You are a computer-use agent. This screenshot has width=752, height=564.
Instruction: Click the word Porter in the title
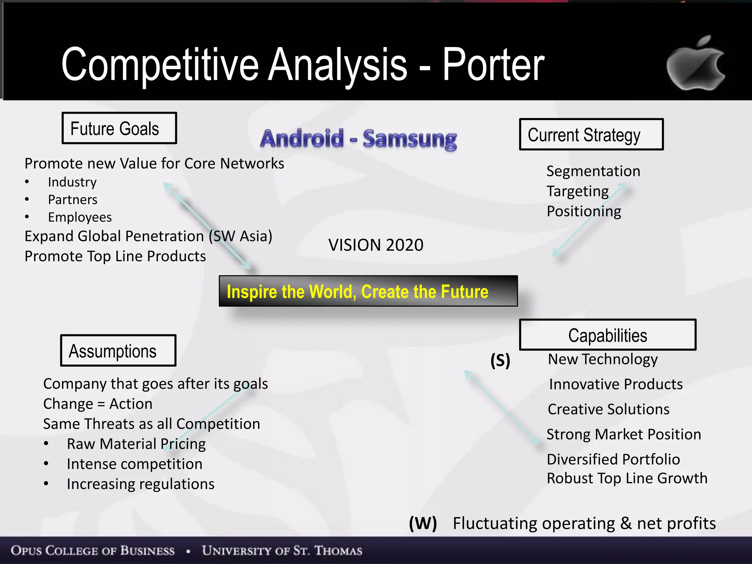(493, 65)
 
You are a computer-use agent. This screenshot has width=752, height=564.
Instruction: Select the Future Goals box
(119, 128)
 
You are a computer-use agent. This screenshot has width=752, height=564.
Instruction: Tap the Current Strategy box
(591, 134)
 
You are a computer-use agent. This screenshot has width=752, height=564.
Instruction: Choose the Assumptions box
(118, 351)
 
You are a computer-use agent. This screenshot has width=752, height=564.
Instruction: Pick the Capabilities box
(607, 335)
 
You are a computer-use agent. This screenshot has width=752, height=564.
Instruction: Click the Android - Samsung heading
(358, 139)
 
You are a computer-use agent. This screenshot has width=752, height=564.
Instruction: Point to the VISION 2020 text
(376, 245)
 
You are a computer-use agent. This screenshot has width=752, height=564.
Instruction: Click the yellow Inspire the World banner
(368, 291)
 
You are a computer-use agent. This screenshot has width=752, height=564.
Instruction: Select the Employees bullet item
(80, 217)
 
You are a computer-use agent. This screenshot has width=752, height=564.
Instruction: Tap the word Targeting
(578, 191)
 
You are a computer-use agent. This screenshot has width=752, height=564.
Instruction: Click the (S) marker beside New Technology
(500, 360)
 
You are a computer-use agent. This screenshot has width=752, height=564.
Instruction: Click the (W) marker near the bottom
(423, 523)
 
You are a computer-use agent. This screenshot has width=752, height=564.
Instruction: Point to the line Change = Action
(98, 404)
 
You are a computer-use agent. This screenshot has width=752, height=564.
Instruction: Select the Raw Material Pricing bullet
(136, 444)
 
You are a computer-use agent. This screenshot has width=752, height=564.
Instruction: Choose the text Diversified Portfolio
(613, 459)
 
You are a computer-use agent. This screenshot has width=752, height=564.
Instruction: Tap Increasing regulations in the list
(140, 484)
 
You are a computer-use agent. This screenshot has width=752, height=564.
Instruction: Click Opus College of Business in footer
(93, 551)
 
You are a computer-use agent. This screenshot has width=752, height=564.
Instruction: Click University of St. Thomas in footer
(282, 551)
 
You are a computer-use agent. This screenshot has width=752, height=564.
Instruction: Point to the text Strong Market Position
(623, 434)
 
